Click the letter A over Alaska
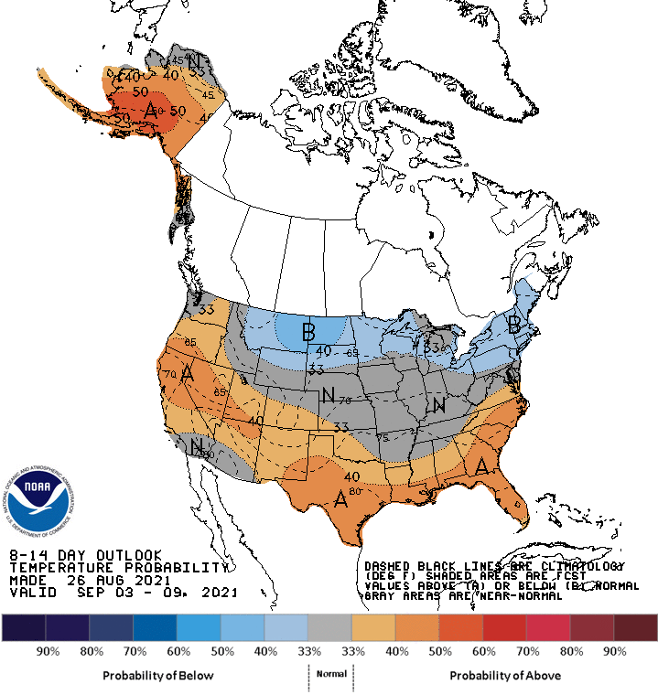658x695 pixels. click(151, 110)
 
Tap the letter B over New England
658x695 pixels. click(515, 324)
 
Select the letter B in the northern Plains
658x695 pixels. click(309, 330)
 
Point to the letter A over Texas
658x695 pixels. click(340, 498)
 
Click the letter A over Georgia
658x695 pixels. click(481, 466)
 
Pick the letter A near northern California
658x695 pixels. click(187, 373)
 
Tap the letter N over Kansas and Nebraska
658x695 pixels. click(328, 395)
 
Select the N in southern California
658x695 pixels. click(196, 446)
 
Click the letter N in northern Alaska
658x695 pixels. click(195, 61)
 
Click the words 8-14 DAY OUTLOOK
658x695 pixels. click(85, 555)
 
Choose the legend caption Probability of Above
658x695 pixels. click(505, 675)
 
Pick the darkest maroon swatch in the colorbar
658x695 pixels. click(635, 627)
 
